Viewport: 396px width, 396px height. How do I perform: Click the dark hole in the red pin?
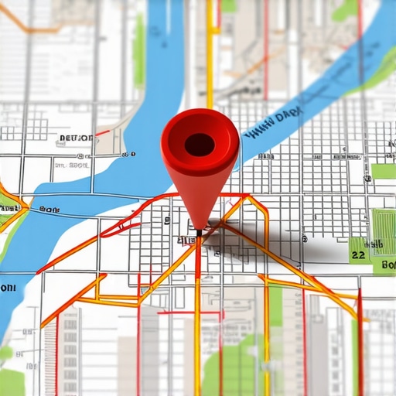click(200, 144)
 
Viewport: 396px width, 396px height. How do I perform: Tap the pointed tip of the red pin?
click(200, 230)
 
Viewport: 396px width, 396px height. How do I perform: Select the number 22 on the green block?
click(357, 253)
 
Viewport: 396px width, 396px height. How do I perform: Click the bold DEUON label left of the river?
click(75, 138)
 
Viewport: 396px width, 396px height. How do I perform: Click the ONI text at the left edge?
click(8, 287)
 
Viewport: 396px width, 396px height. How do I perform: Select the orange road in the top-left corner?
click(31, 29)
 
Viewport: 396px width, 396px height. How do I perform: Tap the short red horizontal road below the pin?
click(189, 313)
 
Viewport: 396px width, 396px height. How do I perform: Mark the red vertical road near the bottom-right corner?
click(360, 348)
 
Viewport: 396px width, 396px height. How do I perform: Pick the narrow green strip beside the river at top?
click(138, 46)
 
